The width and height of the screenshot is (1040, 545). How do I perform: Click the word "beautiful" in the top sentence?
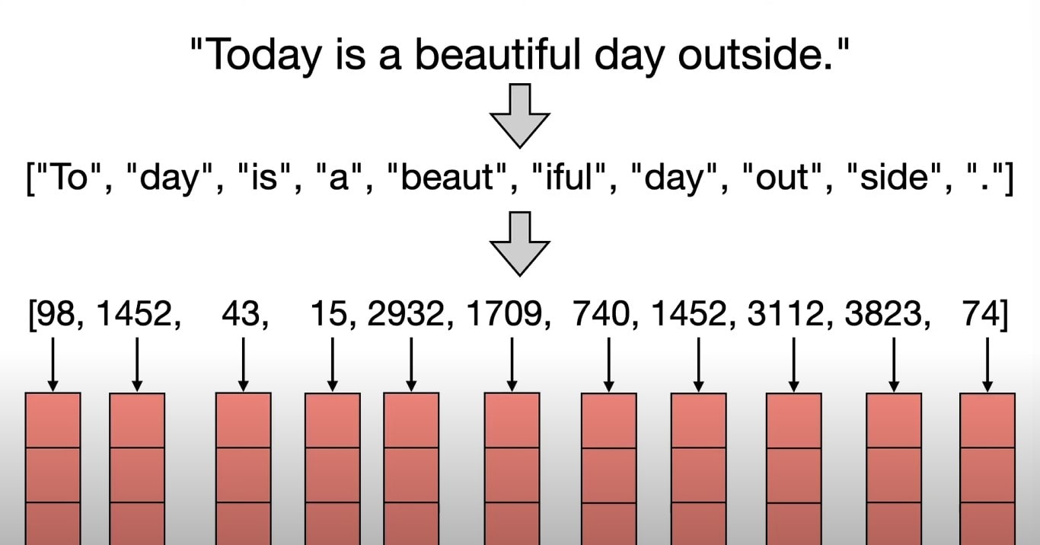coord(497,54)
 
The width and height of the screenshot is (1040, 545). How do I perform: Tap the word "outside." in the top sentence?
coord(756,54)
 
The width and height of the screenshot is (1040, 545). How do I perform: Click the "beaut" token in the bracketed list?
coord(446,178)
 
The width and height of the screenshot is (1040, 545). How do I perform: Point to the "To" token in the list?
coord(72,177)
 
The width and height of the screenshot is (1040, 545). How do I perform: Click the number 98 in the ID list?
coord(56,313)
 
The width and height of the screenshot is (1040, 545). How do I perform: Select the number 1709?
coord(504,313)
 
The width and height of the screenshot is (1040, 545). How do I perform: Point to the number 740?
coord(601,313)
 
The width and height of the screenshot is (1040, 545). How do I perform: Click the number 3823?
coord(883,313)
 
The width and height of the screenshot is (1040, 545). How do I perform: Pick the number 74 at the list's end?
coord(981,313)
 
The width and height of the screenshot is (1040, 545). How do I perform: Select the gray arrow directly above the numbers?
coord(520,244)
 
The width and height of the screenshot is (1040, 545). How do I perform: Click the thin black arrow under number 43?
coord(244,364)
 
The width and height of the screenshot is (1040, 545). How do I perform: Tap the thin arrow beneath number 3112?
coord(794,364)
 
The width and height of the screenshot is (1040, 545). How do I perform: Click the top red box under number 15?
coord(333,421)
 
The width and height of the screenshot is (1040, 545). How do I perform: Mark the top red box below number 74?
coord(987,421)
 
